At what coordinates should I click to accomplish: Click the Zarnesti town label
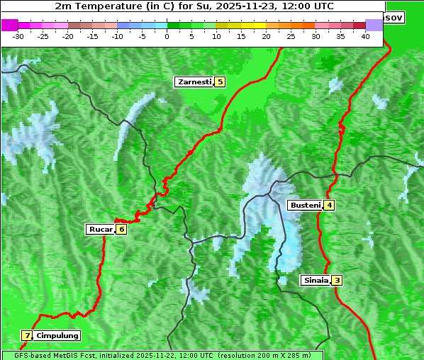pos(194,82)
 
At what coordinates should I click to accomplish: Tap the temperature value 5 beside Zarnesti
pos(220,82)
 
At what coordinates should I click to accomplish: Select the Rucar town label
pos(100,229)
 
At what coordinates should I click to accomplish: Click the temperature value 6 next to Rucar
pos(121,229)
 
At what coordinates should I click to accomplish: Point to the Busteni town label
pos(303,206)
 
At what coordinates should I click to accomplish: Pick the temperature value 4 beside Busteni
pos(329,206)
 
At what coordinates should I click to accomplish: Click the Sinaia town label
pos(316,280)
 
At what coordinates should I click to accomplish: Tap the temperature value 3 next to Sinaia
pos(337,280)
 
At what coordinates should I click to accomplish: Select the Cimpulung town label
pos(57,336)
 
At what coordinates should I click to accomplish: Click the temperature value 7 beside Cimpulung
pos(27,336)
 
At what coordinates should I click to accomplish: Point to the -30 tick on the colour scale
pos(18,35)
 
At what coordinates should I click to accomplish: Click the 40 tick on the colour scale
pos(365,35)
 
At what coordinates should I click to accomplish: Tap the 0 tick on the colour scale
pos(167,35)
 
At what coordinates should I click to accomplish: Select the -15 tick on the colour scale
pos(93,35)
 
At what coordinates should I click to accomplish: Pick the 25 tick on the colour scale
pos(291,35)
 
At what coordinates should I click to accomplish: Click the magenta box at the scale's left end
pos(9,25)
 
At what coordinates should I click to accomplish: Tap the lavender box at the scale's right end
pos(374,25)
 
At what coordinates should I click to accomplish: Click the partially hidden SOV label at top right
pos(394,17)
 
